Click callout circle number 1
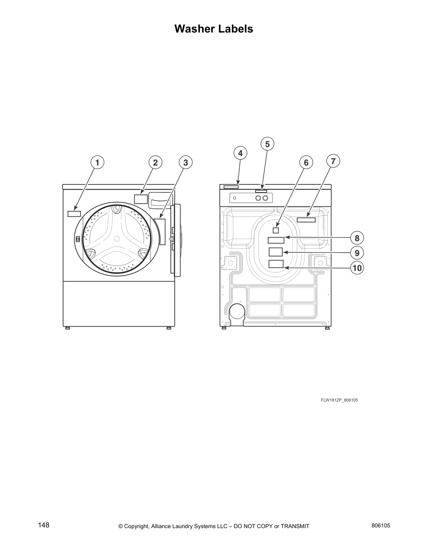[97, 163]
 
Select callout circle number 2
[155, 163]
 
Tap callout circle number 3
[186, 163]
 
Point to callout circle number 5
[267, 144]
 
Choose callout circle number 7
[333, 161]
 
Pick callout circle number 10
[357, 268]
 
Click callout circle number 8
[357, 239]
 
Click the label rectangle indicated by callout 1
[74, 214]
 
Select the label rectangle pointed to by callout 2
[141, 199]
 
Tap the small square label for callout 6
[276, 230]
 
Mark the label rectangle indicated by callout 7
[306, 220]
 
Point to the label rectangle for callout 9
[276, 252]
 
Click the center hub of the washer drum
[117, 239]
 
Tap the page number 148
[44, 525]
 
